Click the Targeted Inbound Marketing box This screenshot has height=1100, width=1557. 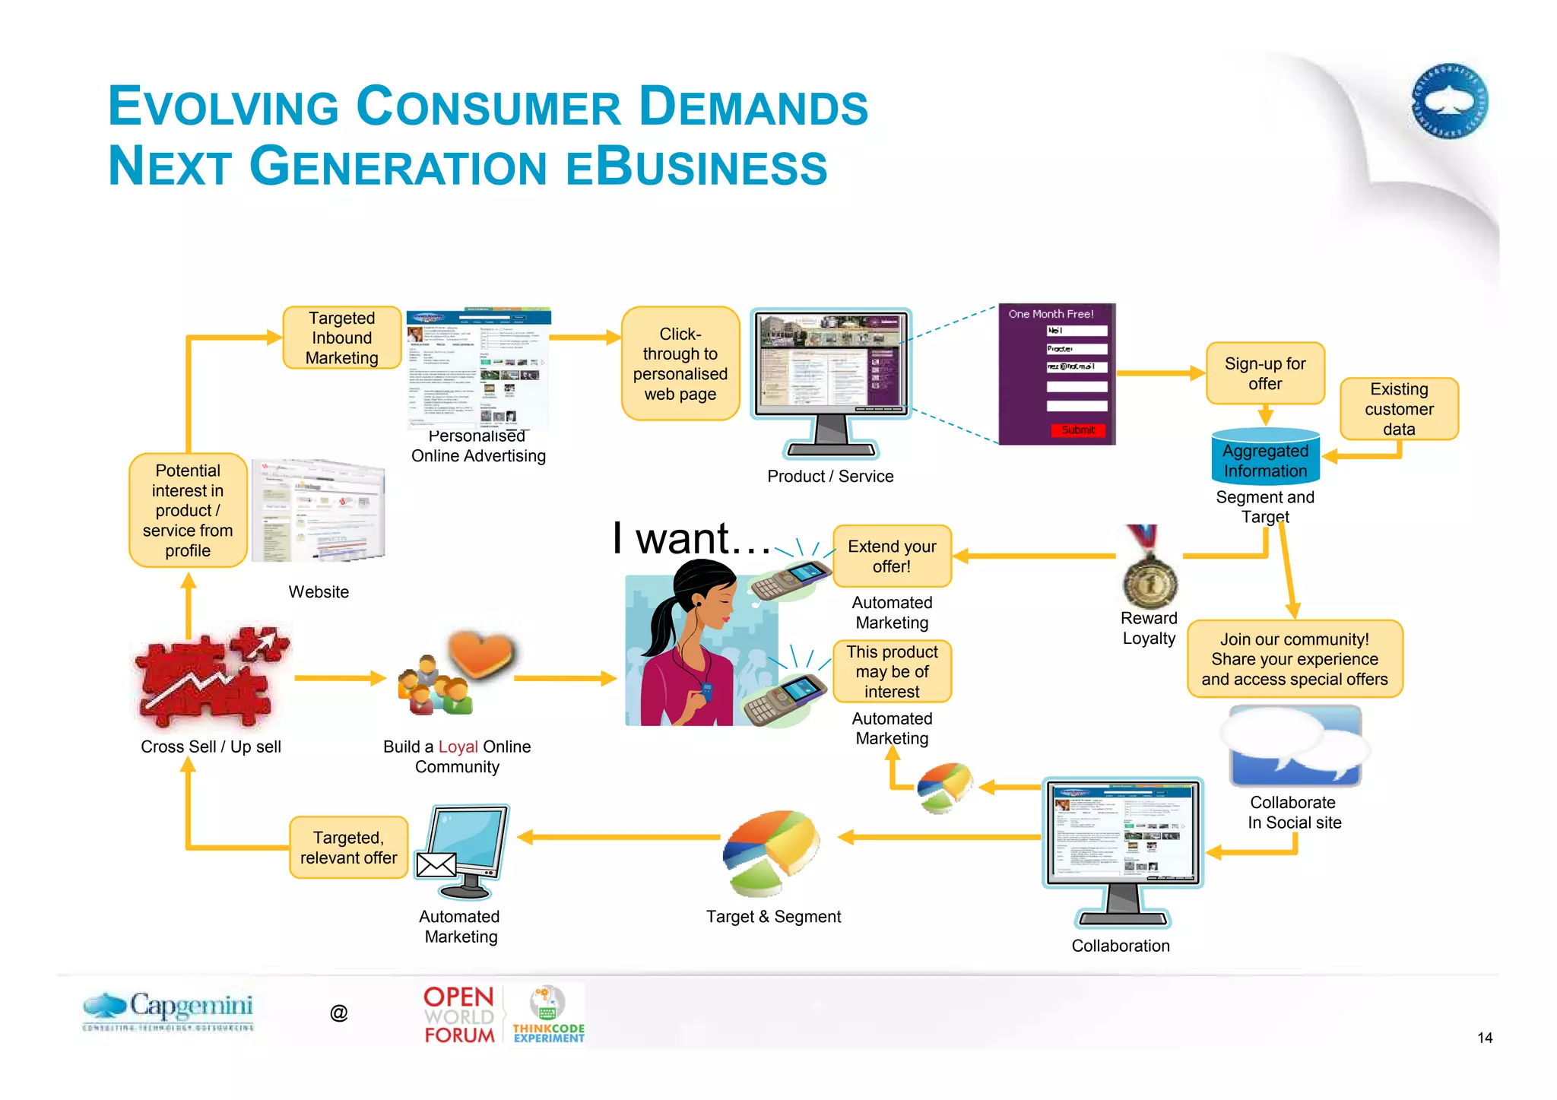tap(341, 338)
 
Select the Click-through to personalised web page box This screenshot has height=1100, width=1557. tap(680, 364)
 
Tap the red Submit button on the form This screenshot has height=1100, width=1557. tap(1077, 430)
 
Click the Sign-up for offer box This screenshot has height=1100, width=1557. tap(1264, 373)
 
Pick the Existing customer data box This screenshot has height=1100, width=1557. tap(1398, 409)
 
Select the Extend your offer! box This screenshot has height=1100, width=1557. tap(892, 556)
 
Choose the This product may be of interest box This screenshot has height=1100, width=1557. tap(892, 671)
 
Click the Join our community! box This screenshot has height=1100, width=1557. tap(1294, 659)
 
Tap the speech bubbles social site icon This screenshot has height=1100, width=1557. tap(1295, 746)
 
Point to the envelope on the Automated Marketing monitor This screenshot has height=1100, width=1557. tap(436, 864)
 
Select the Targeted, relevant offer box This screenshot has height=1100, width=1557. tap(348, 848)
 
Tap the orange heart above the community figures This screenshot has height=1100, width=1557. tap(480, 653)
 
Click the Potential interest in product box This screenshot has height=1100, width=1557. tap(188, 510)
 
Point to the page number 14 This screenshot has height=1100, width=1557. tap(1484, 1038)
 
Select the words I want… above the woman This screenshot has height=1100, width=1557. tap(692, 539)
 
